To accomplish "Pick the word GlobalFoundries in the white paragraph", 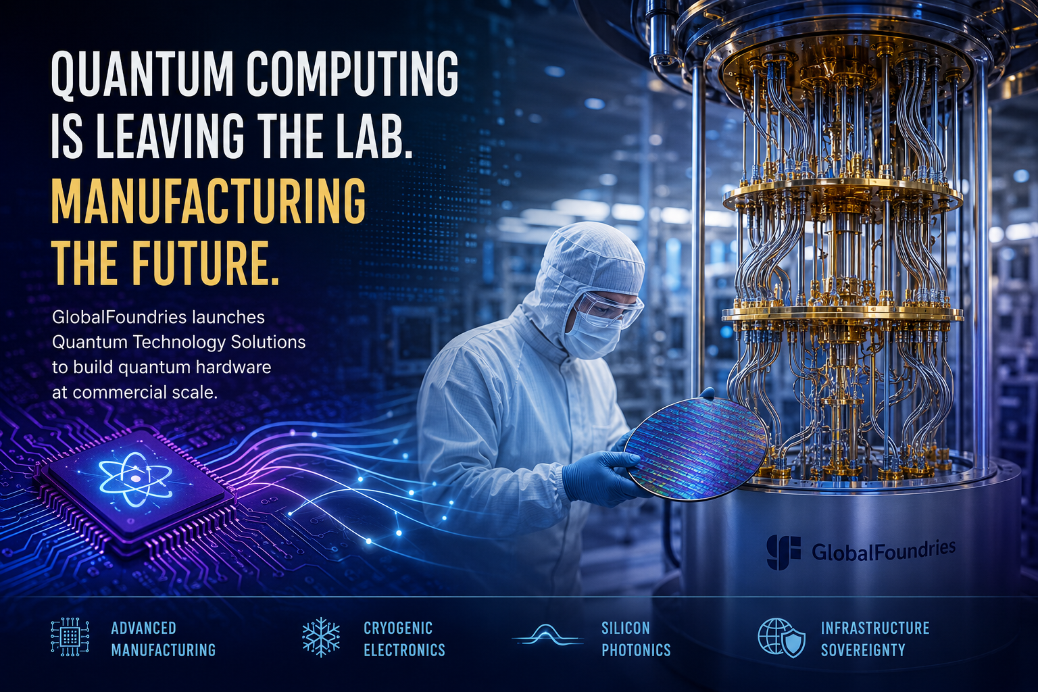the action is click(x=119, y=318).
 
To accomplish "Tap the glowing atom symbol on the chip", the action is click(x=135, y=479).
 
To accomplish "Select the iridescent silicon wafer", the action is click(x=695, y=450).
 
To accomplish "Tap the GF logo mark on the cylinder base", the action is click(x=783, y=551).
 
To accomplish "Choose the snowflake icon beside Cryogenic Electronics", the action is click(x=321, y=637).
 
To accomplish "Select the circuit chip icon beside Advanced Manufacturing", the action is click(x=70, y=637).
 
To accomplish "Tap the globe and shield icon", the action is click(x=781, y=637).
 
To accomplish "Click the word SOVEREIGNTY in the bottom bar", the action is click(x=863, y=650).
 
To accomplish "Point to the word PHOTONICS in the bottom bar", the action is click(x=636, y=650).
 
